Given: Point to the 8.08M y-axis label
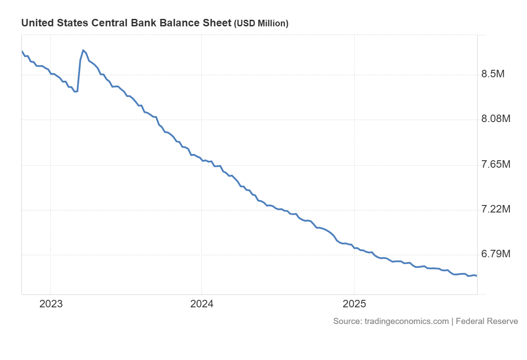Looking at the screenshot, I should pyautogui.click(x=495, y=119).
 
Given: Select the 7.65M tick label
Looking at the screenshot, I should pyautogui.click(x=495, y=165).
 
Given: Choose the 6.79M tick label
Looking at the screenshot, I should pyautogui.click(x=495, y=254).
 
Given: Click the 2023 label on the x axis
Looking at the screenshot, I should pyautogui.click(x=51, y=304).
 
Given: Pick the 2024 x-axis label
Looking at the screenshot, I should pyautogui.click(x=202, y=304).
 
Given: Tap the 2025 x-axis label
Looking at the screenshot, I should pyautogui.click(x=354, y=304).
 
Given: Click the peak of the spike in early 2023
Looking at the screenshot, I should pyautogui.click(x=83, y=50).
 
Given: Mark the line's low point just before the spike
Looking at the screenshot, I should pyautogui.click(x=76, y=92).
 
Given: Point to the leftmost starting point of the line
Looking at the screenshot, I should pyautogui.click(x=22, y=51).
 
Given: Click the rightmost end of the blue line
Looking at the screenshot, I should pyautogui.click(x=476, y=276).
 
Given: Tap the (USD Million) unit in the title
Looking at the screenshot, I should pyautogui.click(x=261, y=24).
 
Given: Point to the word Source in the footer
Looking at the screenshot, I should pyautogui.click(x=347, y=321).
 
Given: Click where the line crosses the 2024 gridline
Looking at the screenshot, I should pyautogui.click(x=202, y=160).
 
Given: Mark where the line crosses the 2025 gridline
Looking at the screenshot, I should pyautogui.click(x=354, y=248).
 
